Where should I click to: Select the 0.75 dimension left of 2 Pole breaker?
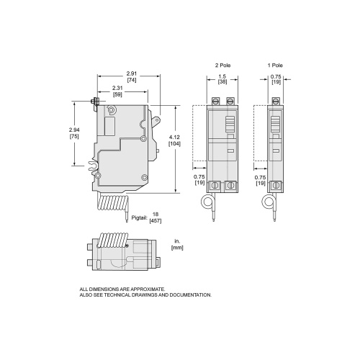[198, 176]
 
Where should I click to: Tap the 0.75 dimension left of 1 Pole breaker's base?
[261, 176]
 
